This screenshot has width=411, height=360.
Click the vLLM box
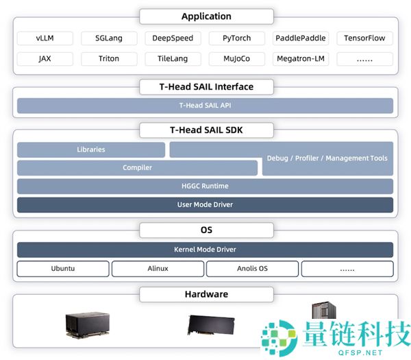[45, 38]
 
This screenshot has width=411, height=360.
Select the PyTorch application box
[237, 38]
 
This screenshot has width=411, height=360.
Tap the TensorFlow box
[364, 38]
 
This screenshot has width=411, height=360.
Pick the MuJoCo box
[237, 59]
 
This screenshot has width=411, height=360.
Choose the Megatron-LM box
[301, 59]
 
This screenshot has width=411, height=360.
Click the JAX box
[45, 59]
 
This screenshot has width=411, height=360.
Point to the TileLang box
[173, 59]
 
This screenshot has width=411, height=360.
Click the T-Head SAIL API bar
[205, 106]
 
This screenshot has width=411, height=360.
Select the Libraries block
[91, 149]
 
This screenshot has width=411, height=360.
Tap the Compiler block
[138, 168]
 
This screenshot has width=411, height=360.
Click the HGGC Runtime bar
[205, 186]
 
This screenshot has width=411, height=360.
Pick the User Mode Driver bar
[205, 204]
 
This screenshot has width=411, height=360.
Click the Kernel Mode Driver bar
[205, 250]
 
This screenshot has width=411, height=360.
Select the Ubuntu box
[63, 269]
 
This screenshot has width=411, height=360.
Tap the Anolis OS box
[252, 269]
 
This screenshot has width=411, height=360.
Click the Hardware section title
[206, 294]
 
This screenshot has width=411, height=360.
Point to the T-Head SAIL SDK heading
[206, 130]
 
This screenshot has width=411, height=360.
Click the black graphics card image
[211, 325]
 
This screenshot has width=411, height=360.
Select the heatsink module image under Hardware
[88, 325]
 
